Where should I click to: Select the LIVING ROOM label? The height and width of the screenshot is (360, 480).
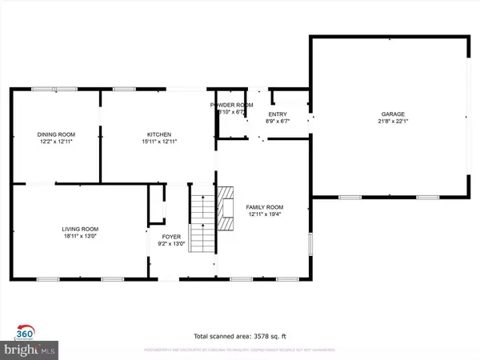click(80, 230)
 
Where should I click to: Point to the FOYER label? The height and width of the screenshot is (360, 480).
click(172, 237)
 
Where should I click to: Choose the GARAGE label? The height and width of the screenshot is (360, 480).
click(393, 114)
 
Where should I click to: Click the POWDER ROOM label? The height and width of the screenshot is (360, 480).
click(232, 106)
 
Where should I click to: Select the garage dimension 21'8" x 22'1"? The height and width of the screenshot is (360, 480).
click(393, 122)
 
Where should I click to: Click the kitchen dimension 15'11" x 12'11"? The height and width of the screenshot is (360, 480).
click(159, 142)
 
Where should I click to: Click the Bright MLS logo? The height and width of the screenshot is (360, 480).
click(29, 350)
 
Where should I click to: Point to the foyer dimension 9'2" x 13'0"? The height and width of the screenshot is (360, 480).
click(172, 244)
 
